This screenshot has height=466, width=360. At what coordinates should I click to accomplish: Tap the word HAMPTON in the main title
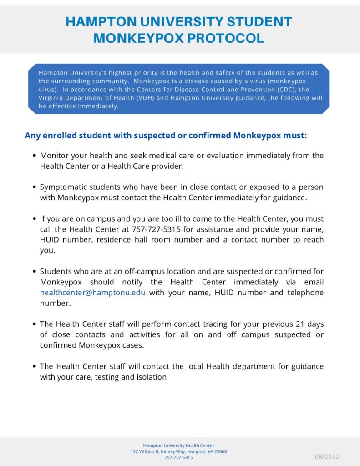point(98,21)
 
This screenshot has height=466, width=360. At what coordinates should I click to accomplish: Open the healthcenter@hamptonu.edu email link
point(92,292)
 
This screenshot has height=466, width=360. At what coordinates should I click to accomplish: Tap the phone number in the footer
point(178,457)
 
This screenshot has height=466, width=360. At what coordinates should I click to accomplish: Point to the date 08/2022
point(327,456)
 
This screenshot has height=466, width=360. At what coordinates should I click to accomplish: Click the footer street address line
point(178,451)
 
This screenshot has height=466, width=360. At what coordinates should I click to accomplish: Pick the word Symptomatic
point(61,187)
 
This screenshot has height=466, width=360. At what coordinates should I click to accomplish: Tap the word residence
point(115,239)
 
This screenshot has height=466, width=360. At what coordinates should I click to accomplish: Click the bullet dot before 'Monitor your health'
point(35,156)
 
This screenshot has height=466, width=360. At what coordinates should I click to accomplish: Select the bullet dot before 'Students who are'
point(35,272)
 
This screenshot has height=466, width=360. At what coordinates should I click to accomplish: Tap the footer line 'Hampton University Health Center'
point(178,446)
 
